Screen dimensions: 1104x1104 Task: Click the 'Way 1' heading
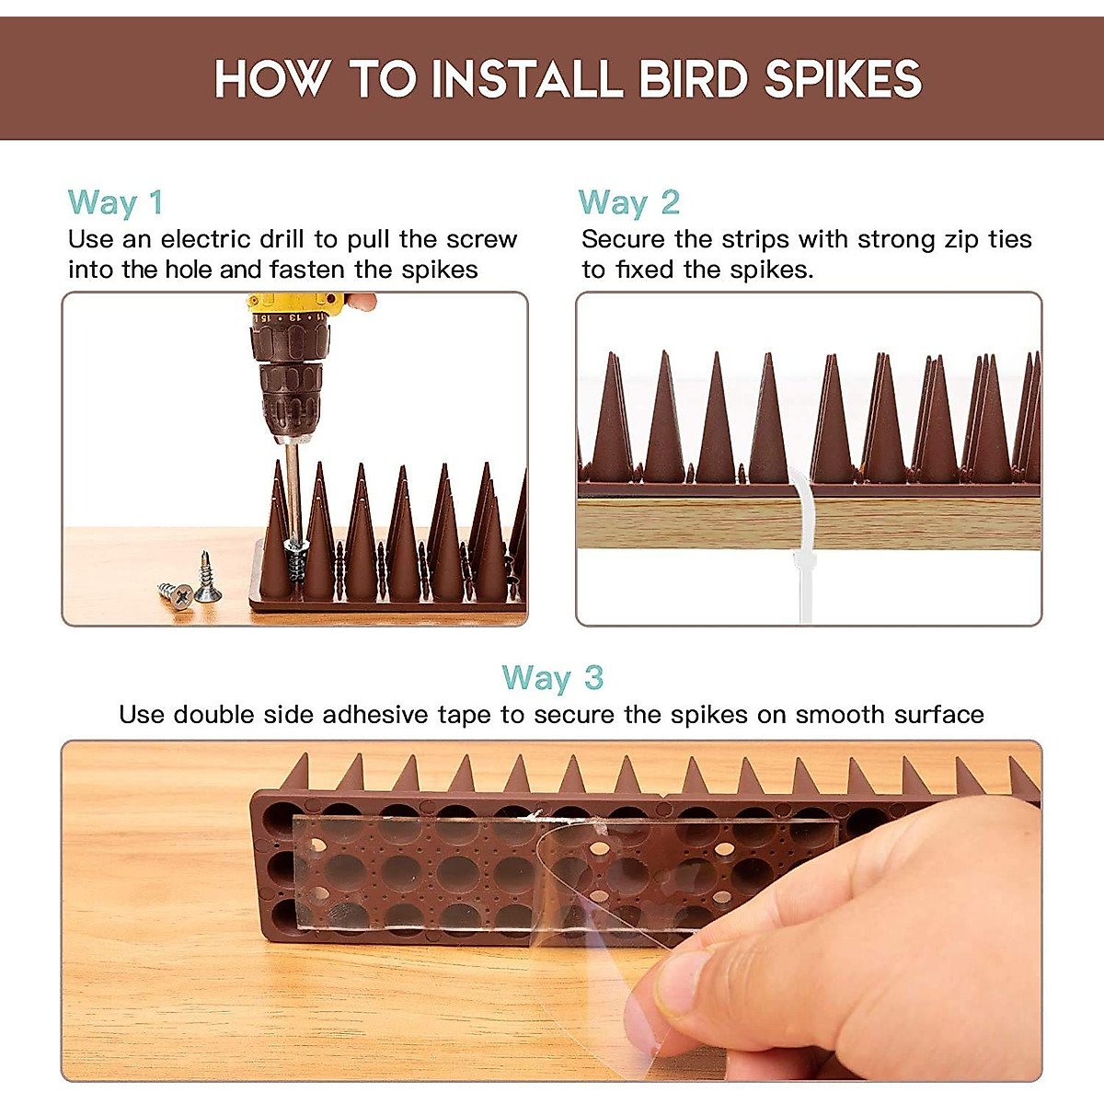[115, 202]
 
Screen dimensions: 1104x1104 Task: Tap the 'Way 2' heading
[628, 202]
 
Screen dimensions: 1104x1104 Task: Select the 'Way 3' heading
[552, 678]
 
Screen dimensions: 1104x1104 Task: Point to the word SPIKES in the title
[843, 79]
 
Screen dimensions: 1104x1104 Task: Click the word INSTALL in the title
[527, 79]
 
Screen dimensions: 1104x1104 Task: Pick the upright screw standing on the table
[207, 580]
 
